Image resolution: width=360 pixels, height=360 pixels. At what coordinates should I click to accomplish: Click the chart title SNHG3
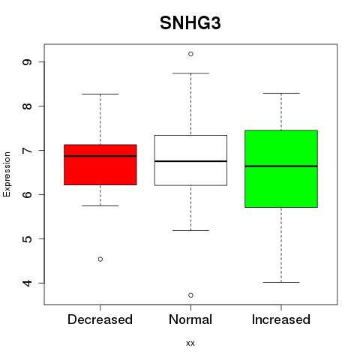point(190,23)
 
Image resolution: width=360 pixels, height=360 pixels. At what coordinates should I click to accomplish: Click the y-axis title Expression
point(7,174)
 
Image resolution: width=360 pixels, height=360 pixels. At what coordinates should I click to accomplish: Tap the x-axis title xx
point(190,343)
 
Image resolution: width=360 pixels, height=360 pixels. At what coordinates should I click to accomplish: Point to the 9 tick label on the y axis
point(27,62)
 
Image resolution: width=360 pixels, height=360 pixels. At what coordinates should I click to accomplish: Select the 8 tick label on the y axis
point(27,106)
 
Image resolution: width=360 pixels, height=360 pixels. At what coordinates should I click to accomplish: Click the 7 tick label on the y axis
point(27,150)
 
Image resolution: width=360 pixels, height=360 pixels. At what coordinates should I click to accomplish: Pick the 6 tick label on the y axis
point(27,194)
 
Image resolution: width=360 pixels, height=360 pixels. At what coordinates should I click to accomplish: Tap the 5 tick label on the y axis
point(27,238)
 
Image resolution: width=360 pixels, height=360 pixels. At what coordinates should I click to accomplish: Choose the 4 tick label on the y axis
point(27,283)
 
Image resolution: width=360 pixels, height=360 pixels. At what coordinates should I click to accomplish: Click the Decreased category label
point(100,319)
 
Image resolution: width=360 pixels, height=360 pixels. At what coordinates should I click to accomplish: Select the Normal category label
point(190,319)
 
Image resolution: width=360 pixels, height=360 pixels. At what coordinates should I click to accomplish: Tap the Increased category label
point(281,319)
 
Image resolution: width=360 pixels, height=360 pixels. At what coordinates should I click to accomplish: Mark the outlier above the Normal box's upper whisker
point(190,54)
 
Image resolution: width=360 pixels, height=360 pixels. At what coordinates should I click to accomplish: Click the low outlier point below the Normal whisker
point(190,295)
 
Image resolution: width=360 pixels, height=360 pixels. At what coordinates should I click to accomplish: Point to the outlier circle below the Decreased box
point(100,259)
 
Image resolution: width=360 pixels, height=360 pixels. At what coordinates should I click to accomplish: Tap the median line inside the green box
point(281,166)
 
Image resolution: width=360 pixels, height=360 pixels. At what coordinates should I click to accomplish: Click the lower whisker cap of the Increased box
point(281,282)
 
